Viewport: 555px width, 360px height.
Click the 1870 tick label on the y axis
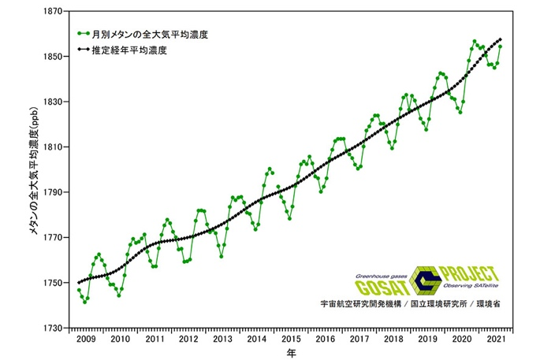[x=55, y=12]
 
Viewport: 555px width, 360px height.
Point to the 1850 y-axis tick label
[x=55, y=57]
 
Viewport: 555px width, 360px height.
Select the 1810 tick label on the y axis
[x=55, y=147]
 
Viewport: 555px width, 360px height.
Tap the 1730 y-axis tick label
[x=55, y=328]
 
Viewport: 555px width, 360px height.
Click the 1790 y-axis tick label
[x=55, y=192]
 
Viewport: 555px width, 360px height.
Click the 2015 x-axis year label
[x=291, y=339]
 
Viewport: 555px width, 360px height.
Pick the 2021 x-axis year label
[x=495, y=339]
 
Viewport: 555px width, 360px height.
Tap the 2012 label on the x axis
[x=188, y=339]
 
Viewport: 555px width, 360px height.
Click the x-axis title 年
[x=290, y=353]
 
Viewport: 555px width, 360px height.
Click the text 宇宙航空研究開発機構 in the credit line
[x=359, y=302]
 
